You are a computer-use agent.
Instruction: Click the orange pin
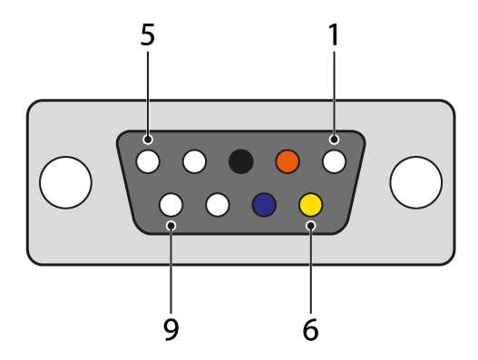coord(288,161)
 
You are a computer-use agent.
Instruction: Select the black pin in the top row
coord(241,161)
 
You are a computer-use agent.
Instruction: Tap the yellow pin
coord(310,205)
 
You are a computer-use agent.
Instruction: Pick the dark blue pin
coord(264,205)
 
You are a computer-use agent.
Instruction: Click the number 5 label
coord(148,34)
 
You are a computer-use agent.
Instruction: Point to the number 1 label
coord(334,34)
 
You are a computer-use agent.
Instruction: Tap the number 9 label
coord(171,329)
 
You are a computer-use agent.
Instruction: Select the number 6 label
coord(310,329)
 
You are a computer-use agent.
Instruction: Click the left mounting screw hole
coord(65,182)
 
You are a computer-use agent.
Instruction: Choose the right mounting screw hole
coord(416,182)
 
